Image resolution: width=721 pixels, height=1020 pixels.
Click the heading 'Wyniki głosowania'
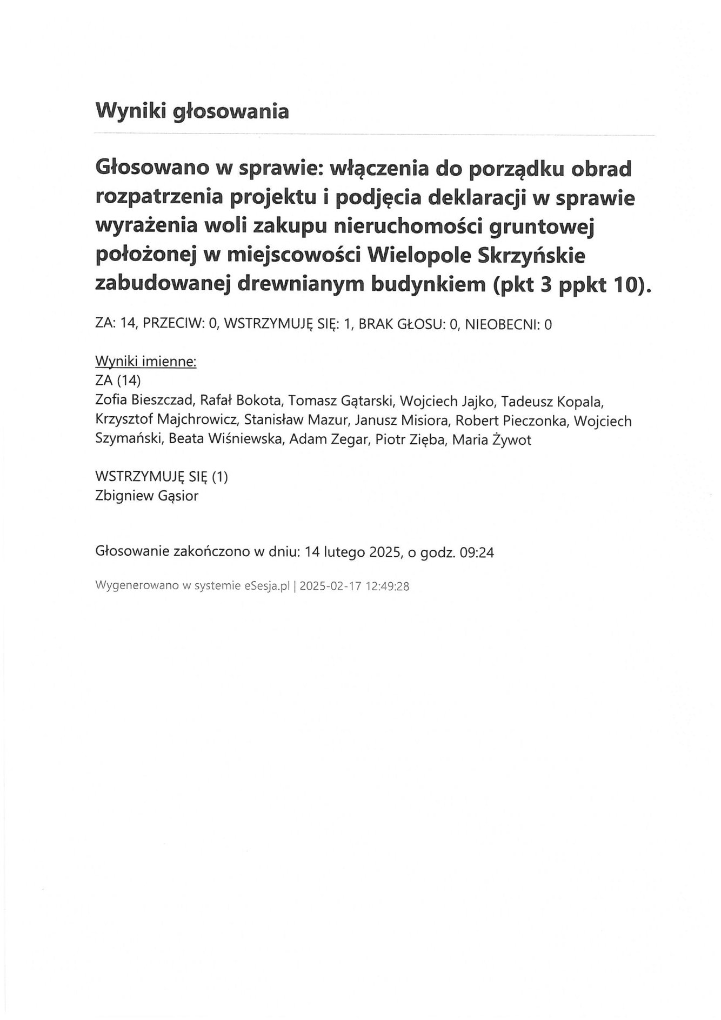click(192, 111)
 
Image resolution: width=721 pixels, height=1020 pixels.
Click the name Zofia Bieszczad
click(143, 401)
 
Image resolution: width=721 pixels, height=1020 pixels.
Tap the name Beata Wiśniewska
click(226, 439)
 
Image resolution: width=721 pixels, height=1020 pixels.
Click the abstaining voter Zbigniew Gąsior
click(146, 496)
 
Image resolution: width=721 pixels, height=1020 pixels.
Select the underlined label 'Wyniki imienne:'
click(145, 362)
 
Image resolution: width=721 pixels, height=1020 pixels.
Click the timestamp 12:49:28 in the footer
click(388, 585)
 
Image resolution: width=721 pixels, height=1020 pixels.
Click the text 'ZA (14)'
click(118, 381)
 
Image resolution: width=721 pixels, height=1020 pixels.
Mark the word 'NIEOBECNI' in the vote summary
click(502, 324)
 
